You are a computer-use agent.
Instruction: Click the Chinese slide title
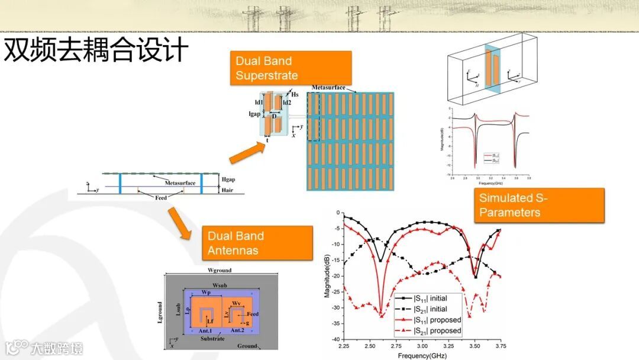point(96,51)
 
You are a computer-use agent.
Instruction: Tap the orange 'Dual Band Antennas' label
point(257,243)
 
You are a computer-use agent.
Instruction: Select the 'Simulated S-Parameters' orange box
point(538,205)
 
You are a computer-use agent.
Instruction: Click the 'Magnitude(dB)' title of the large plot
point(327,275)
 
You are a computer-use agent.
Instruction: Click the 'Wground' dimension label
point(219,270)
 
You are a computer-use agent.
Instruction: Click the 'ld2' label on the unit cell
point(287,102)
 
